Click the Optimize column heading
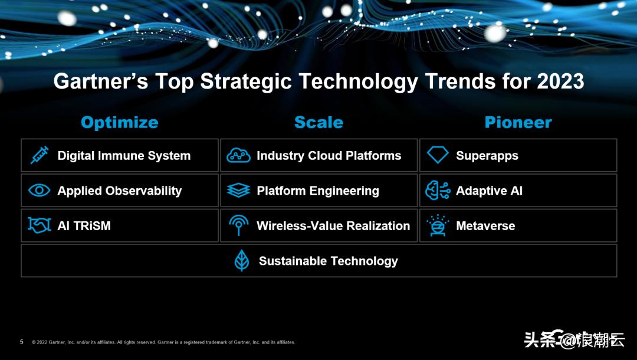tap(119, 122)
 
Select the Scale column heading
tap(318, 122)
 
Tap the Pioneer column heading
tap(518, 122)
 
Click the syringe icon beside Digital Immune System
tap(40, 156)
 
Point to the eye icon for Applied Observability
tap(40, 191)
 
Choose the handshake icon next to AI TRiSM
tap(40, 225)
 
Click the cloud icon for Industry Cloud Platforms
tap(238, 156)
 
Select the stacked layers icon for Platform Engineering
tap(238, 191)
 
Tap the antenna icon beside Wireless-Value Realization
tap(238, 225)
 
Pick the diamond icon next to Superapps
tap(438, 156)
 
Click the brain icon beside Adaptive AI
tap(438, 191)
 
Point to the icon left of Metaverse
tap(438, 225)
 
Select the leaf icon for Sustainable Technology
tap(242, 261)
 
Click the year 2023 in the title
tap(560, 81)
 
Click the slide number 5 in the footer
tap(22, 342)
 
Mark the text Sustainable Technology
tap(328, 261)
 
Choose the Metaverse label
tap(485, 225)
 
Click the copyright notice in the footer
tap(163, 342)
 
